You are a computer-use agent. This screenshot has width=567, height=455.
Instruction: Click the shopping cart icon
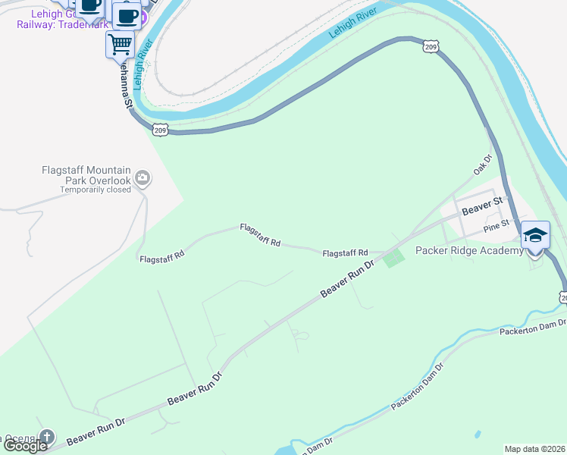click(120, 44)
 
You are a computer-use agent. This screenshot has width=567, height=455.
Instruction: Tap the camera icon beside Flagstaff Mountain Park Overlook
click(142, 178)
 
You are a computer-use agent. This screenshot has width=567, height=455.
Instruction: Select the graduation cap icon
click(534, 236)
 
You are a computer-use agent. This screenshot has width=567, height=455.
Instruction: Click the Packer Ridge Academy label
click(469, 250)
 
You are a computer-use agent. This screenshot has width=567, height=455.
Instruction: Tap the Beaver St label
click(482, 205)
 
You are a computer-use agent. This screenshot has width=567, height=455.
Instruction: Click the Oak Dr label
click(483, 165)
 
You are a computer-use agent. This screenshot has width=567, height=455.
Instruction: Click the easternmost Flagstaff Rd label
click(345, 253)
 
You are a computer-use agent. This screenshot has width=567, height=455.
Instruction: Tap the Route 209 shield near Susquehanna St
click(160, 130)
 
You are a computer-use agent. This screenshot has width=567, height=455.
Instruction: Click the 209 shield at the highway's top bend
click(431, 47)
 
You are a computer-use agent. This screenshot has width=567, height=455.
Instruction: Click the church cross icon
click(47, 437)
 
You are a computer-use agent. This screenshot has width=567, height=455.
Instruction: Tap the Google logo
click(25, 446)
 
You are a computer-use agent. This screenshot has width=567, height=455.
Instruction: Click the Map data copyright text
click(534, 448)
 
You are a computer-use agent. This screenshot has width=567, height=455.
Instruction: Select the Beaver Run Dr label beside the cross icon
click(95, 429)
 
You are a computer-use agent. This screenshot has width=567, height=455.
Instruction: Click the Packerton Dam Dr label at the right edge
click(531, 327)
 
